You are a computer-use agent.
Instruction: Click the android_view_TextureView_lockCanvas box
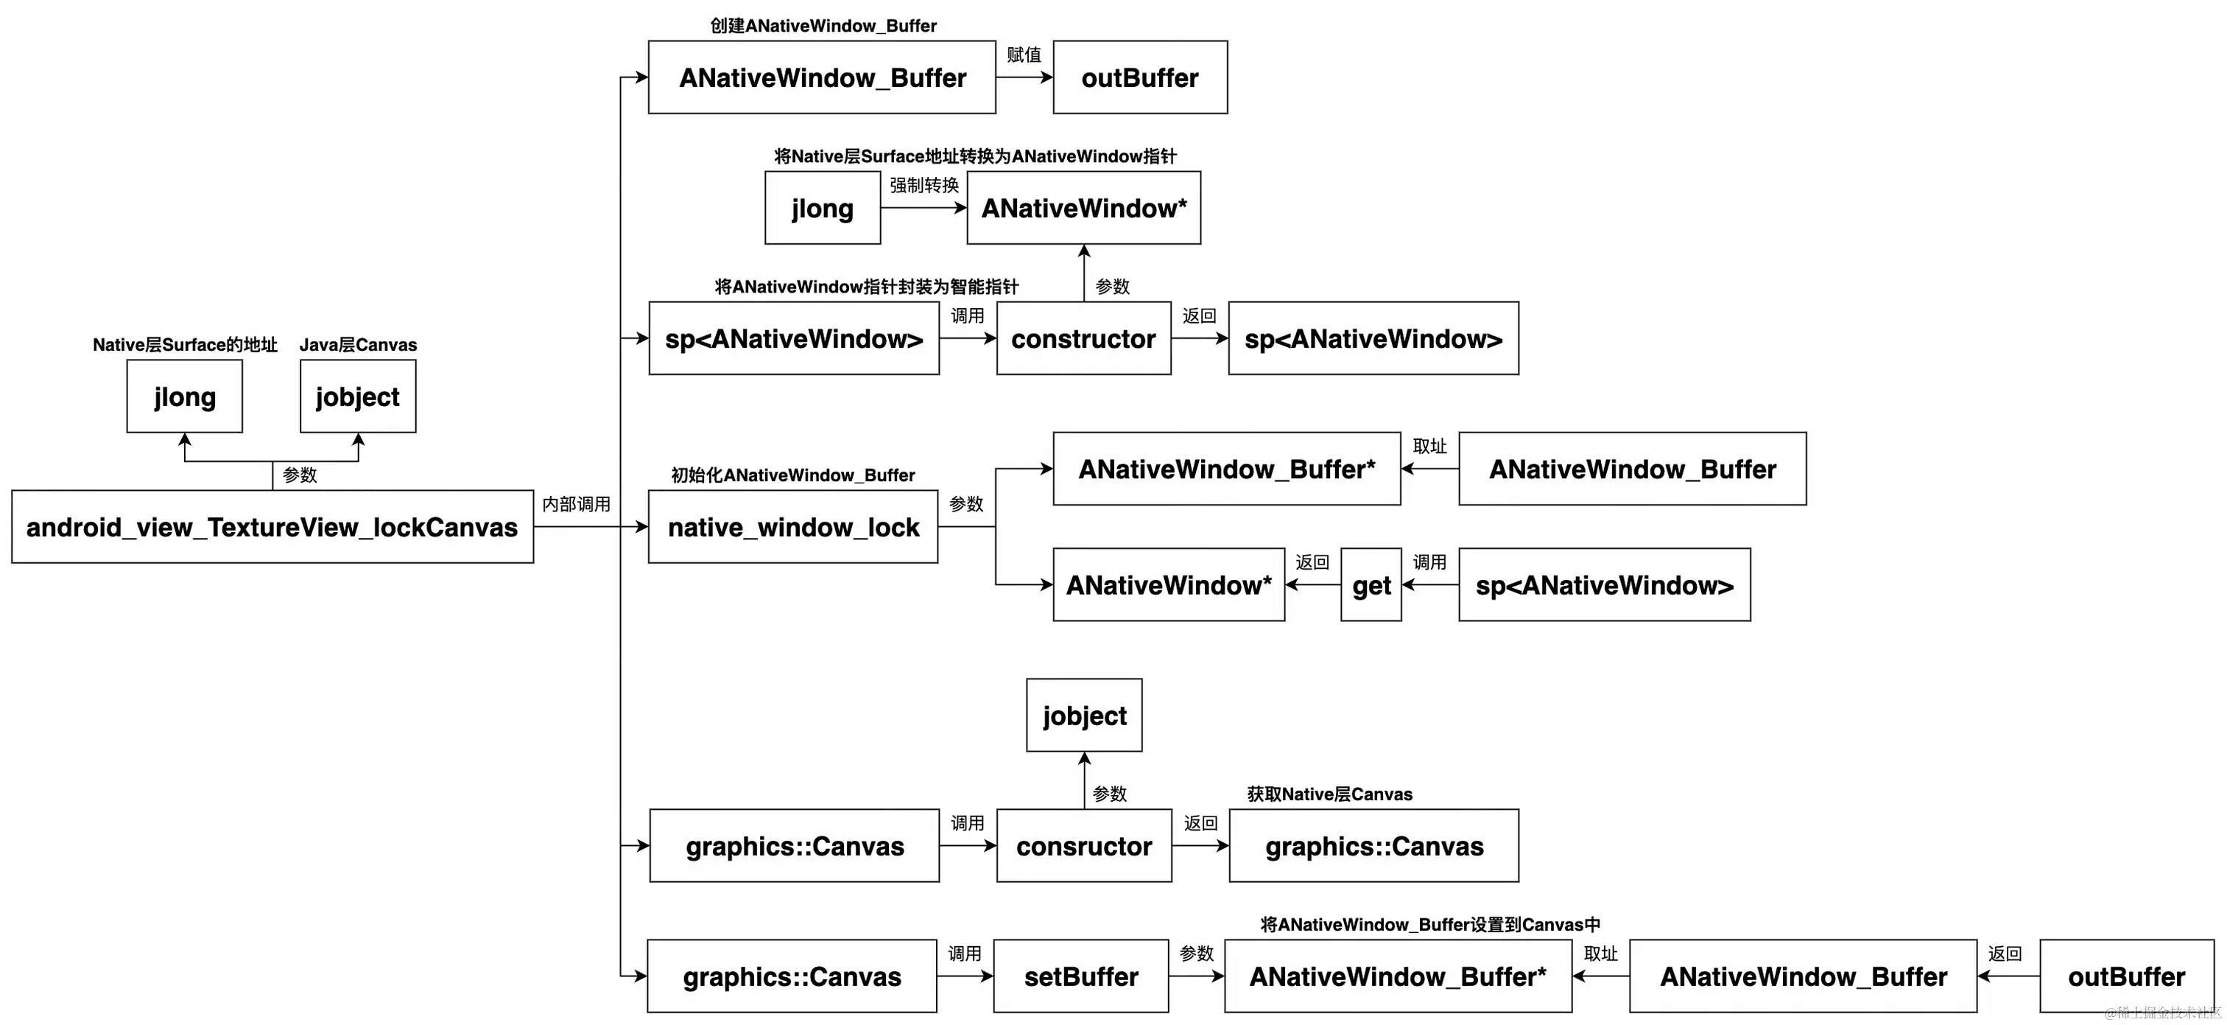tap(272, 527)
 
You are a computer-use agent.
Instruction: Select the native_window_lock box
tap(792, 527)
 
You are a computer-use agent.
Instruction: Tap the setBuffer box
tap(1080, 976)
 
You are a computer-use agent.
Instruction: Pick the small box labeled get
tap(1371, 585)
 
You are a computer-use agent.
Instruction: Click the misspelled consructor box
tap(1084, 846)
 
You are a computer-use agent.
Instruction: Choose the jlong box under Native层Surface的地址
tap(184, 396)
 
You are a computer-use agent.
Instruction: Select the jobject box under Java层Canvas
tap(358, 396)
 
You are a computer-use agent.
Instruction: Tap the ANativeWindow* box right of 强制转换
tap(1083, 208)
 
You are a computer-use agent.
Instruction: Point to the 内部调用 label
tap(576, 504)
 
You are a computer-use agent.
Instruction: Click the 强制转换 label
tap(924, 185)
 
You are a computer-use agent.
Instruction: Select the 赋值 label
tap(1024, 55)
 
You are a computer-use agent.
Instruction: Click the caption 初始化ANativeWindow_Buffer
tap(792, 475)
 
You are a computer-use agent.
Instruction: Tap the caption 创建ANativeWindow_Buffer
tap(823, 26)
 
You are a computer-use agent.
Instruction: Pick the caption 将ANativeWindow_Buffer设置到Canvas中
tap(1430, 925)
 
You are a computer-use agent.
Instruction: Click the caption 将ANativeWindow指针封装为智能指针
tap(866, 287)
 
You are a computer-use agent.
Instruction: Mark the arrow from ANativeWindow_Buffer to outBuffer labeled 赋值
tap(1024, 77)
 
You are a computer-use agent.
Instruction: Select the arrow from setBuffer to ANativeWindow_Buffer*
tap(1197, 976)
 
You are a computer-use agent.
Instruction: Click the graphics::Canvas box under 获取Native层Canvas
tap(1373, 846)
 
